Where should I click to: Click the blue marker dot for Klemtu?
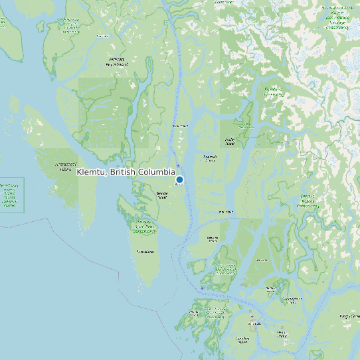(x=179, y=180)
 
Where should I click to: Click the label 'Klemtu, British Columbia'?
(x=126, y=172)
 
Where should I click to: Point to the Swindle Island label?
(x=161, y=195)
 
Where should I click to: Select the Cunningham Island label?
(x=270, y=289)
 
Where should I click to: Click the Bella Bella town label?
(x=254, y=324)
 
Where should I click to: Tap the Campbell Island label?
(x=242, y=341)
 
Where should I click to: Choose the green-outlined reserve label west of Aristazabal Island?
(x=9, y=195)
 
